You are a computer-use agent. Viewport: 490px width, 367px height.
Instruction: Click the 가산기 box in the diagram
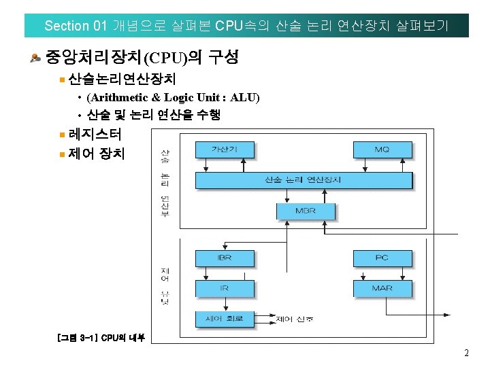tap(224, 149)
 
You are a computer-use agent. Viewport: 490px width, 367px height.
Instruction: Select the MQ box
tap(382, 149)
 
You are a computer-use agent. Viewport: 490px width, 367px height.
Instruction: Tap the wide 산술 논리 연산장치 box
tap(303, 180)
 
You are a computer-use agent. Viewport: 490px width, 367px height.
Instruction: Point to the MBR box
tap(306, 211)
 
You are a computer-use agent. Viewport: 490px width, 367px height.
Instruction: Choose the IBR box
tap(224, 258)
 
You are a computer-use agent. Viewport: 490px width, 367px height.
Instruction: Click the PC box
tap(382, 258)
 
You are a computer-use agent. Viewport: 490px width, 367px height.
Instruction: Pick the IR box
tap(224, 288)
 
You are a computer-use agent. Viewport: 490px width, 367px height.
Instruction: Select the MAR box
tap(382, 288)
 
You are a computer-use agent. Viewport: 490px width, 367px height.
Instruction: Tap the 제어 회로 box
tap(224, 318)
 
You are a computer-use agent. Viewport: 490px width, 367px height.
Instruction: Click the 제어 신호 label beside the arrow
tap(295, 318)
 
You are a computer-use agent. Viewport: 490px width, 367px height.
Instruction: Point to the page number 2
tap(466, 353)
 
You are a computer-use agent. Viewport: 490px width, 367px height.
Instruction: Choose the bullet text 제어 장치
tap(97, 153)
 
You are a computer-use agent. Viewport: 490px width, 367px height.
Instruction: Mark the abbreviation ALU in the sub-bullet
tap(243, 98)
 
